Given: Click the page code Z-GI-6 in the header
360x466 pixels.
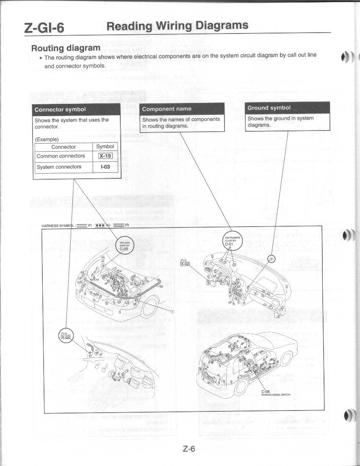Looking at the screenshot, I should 44,28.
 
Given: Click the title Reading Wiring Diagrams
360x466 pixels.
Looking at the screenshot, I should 177,26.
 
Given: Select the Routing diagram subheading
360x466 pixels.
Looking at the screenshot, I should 66,47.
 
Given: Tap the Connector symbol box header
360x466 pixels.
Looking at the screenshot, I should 60,109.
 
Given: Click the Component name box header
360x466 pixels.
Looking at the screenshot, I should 167,109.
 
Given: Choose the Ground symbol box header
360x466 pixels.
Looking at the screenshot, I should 269,108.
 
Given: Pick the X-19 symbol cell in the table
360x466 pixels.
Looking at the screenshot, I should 105,156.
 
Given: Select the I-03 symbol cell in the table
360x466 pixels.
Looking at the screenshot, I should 105,167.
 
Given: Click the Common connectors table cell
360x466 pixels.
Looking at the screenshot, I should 61,156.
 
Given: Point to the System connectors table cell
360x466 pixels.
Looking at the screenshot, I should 59,167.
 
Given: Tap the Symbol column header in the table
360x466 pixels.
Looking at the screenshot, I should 105,147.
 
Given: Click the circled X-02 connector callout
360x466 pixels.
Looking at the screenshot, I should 66,336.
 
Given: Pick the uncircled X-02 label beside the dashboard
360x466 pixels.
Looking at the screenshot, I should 185,263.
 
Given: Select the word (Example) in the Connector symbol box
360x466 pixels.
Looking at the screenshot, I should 47,139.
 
